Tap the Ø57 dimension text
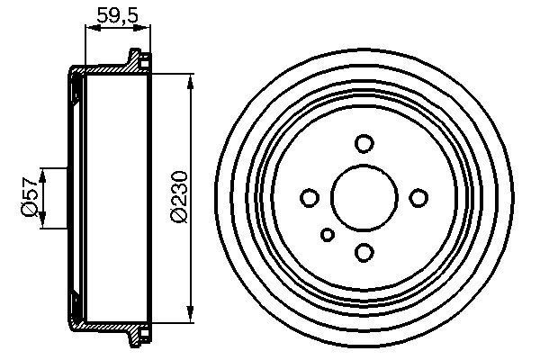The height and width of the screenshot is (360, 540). (x=29, y=198)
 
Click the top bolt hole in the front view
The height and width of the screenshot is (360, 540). (x=364, y=143)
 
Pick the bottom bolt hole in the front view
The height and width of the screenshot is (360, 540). (x=364, y=252)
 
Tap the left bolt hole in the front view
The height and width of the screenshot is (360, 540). (x=309, y=197)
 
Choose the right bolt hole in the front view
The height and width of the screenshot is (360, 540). (x=418, y=197)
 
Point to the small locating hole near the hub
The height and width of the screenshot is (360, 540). (x=328, y=235)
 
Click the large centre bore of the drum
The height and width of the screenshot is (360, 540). (x=364, y=197)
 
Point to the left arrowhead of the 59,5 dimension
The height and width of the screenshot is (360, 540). (x=88, y=29)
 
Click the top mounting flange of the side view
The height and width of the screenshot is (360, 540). (x=139, y=61)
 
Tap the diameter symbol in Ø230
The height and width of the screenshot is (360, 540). (x=178, y=215)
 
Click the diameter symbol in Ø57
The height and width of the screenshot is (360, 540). (x=29, y=210)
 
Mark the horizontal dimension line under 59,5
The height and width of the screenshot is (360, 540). (x=112, y=29)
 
